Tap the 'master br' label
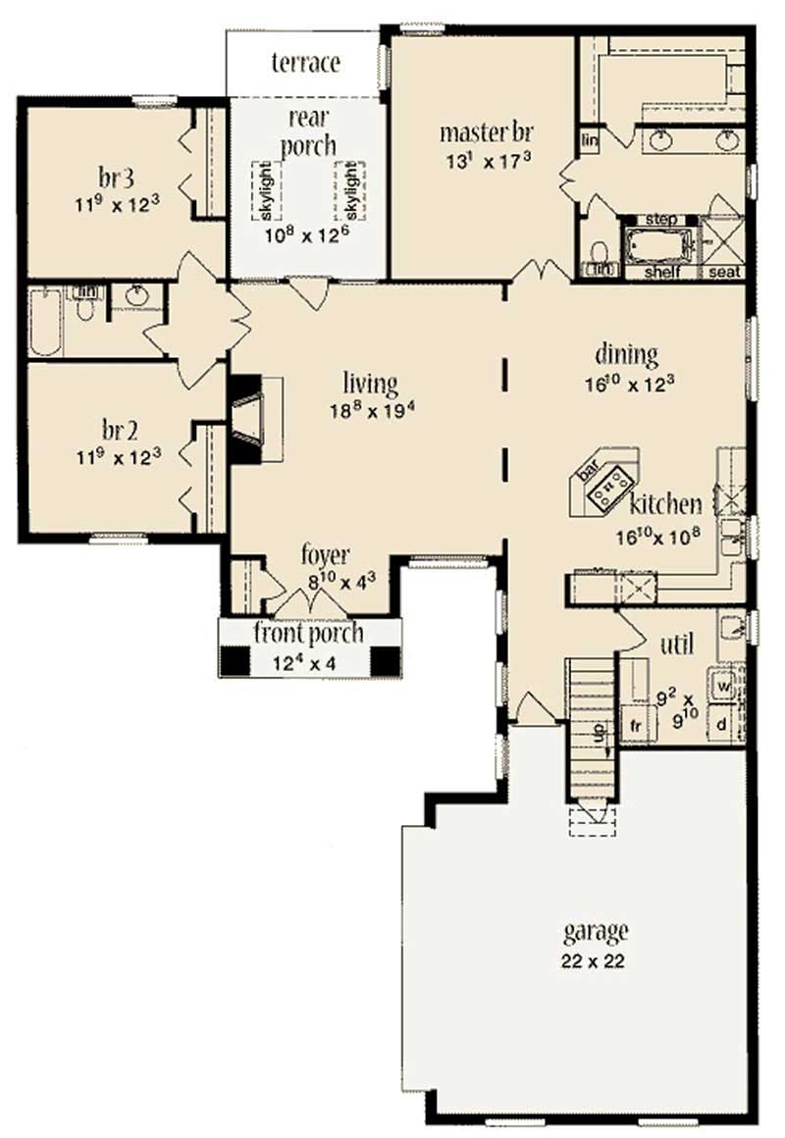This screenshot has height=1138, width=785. point(486,131)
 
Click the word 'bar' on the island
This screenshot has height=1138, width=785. point(589,472)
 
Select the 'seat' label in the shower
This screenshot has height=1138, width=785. point(726,272)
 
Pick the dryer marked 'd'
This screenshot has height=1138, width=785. point(722,725)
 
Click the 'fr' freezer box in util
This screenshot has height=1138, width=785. point(635,726)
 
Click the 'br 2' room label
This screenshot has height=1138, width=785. point(116,431)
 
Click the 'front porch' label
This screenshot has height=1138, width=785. point(308,633)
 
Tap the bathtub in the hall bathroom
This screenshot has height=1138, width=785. point(45,322)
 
